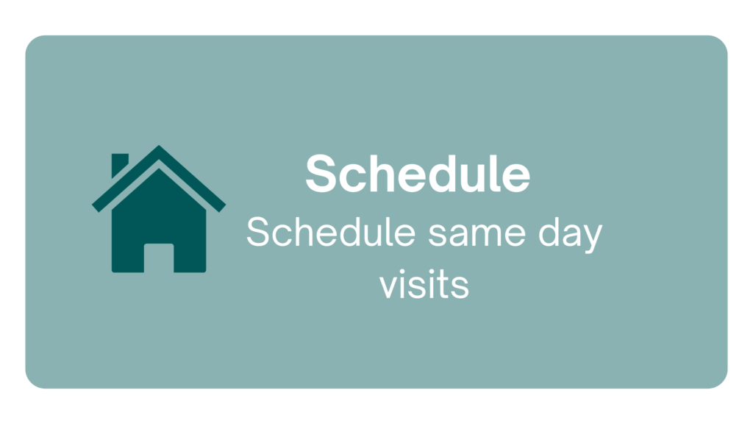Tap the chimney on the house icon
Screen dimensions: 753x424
(119, 164)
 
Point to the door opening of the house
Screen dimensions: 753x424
(159, 258)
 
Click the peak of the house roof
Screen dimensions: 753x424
(159, 146)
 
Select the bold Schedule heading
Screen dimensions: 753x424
(418, 174)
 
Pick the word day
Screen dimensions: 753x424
(571, 235)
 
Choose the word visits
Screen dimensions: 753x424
(424, 285)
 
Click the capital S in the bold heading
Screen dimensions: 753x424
(321, 174)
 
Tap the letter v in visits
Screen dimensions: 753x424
(389, 287)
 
